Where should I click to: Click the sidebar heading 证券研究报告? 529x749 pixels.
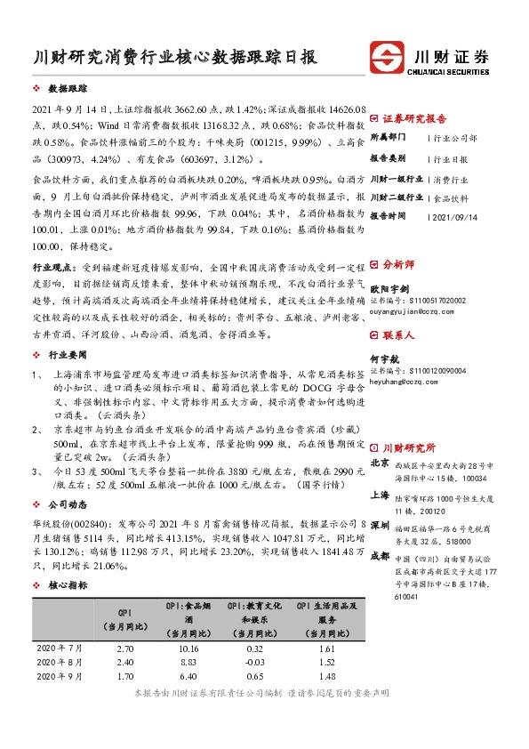click(414, 117)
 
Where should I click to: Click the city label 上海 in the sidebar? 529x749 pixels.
click(380, 494)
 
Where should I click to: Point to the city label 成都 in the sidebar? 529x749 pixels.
click(380, 554)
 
